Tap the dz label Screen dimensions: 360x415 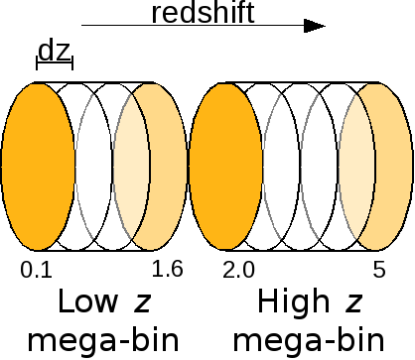coord(55,50)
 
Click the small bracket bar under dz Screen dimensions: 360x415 coord(55,65)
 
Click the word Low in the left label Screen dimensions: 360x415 coord(83,302)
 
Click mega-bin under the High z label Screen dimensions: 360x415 coord(319,339)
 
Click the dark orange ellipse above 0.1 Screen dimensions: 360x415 coord(38,170)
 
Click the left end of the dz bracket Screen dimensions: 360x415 coord(38,65)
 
